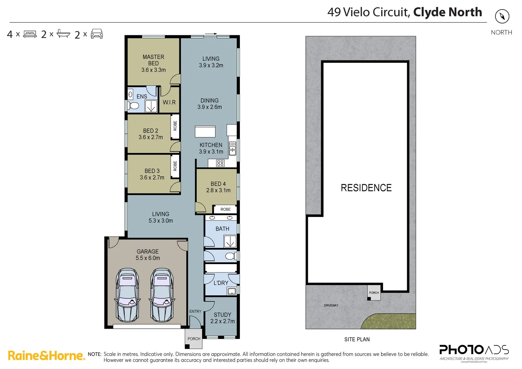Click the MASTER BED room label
[x=153, y=60]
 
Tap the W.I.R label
[x=169, y=102]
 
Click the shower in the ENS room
[x=151, y=106]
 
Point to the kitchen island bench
[x=205, y=132]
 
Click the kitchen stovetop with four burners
[x=220, y=163]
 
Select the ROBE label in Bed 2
[x=175, y=126]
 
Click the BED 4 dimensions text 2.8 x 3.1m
[x=218, y=190]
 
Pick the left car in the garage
[x=127, y=295]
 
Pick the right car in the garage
[x=162, y=295]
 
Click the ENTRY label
[x=195, y=311]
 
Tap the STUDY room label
[x=222, y=315]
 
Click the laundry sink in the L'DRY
[x=232, y=291]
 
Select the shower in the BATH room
[x=230, y=242]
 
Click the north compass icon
[x=502, y=16]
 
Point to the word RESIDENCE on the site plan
[x=366, y=188]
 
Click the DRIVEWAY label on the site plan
[x=331, y=305]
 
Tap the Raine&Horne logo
[x=46, y=356]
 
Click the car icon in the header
[x=97, y=34]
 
